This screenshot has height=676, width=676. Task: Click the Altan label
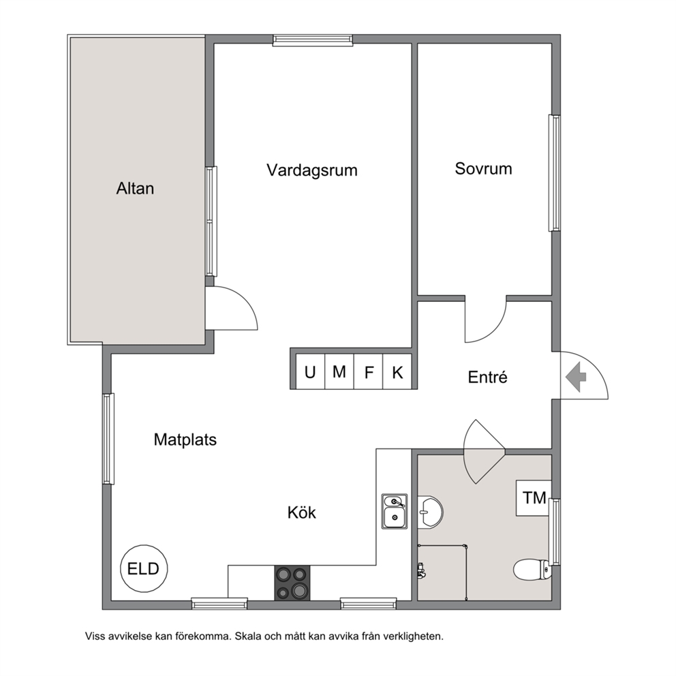(x=135, y=188)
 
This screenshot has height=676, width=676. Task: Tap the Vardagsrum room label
(x=312, y=170)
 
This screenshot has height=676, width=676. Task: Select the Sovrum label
(x=483, y=168)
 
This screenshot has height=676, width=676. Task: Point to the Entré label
(x=488, y=377)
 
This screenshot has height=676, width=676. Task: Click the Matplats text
(x=185, y=440)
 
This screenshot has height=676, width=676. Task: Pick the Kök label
(x=302, y=512)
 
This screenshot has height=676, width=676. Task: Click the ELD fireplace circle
(x=144, y=568)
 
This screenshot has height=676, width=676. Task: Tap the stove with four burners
(x=292, y=583)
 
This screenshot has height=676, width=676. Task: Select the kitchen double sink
(x=395, y=511)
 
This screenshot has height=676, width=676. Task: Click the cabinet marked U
(x=311, y=371)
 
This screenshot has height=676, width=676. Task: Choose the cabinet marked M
(x=339, y=371)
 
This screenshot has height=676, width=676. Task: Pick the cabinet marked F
(x=369, y=371)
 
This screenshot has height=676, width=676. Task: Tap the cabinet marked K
(x=397, y=371)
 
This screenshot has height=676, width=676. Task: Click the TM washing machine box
(x=534, y=498)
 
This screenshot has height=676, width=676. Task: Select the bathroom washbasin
(x=430, y=512)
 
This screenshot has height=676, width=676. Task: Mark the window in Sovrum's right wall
(x=555, y=173)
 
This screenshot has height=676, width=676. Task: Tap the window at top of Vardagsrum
(x=313, y=40)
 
